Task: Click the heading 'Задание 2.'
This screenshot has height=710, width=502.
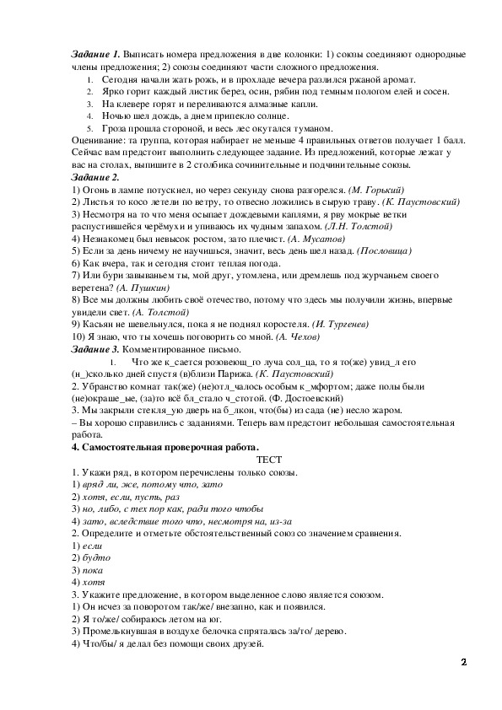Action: point(96,177)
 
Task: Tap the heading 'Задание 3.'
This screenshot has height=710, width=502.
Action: point(96,348)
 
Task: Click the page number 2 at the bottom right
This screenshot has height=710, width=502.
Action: point(463,662)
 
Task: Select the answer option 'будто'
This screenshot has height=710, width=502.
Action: point(95,557)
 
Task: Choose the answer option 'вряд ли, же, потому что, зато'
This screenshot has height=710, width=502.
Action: point(148,484)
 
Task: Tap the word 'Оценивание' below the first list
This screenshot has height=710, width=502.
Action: point(96,141)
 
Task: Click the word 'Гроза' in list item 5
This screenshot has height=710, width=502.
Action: point(115,128)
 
